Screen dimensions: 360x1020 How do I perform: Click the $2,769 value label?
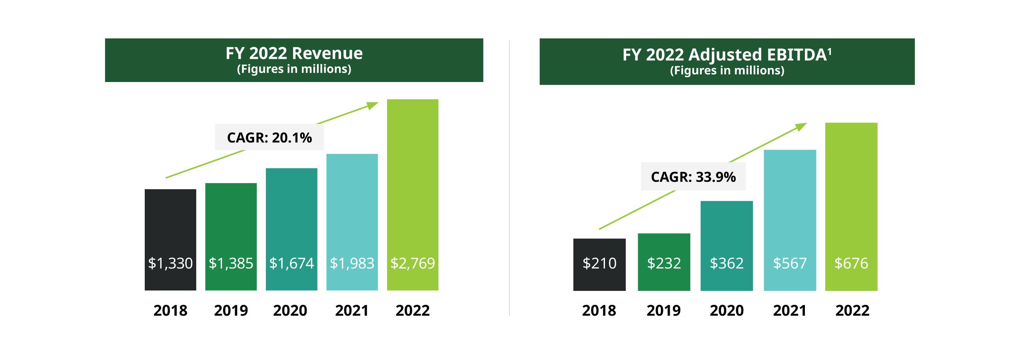pyautogui.click(x=412, y=263)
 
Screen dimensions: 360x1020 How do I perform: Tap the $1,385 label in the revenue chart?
pyautogui.click(x=231, y=263)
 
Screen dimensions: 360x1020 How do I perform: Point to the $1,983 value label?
pyautogui.click(x=352, y=263)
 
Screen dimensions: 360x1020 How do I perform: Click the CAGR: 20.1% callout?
pyautogui.click(x=269, y=137)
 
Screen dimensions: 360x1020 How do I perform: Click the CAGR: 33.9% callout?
pyautogui.click(x=693, y=176)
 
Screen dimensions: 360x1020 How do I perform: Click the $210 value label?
pyautogui.click(x=599, y=263)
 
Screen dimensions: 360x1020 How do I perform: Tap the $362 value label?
pyautogui.click(x=726, y=263)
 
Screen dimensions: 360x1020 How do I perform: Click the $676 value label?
pyautogui.click(x=851, y=263)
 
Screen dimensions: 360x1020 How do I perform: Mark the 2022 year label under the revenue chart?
pyautogui.click(x=412, y=310)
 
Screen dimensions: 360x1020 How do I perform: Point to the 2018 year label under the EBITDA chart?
pyautogui.click(x=599, y=310)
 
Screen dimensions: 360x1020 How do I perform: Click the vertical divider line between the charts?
pyautogui.click(x=509, y=180)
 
